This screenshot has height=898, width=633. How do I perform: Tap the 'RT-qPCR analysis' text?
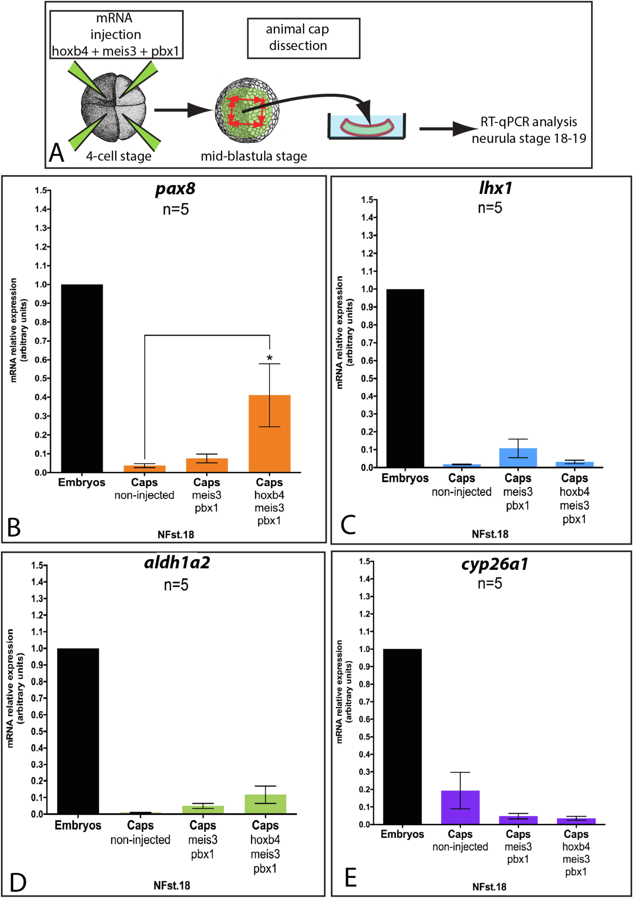(529, 122)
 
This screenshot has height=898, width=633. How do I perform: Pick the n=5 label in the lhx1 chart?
(489, 208)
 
